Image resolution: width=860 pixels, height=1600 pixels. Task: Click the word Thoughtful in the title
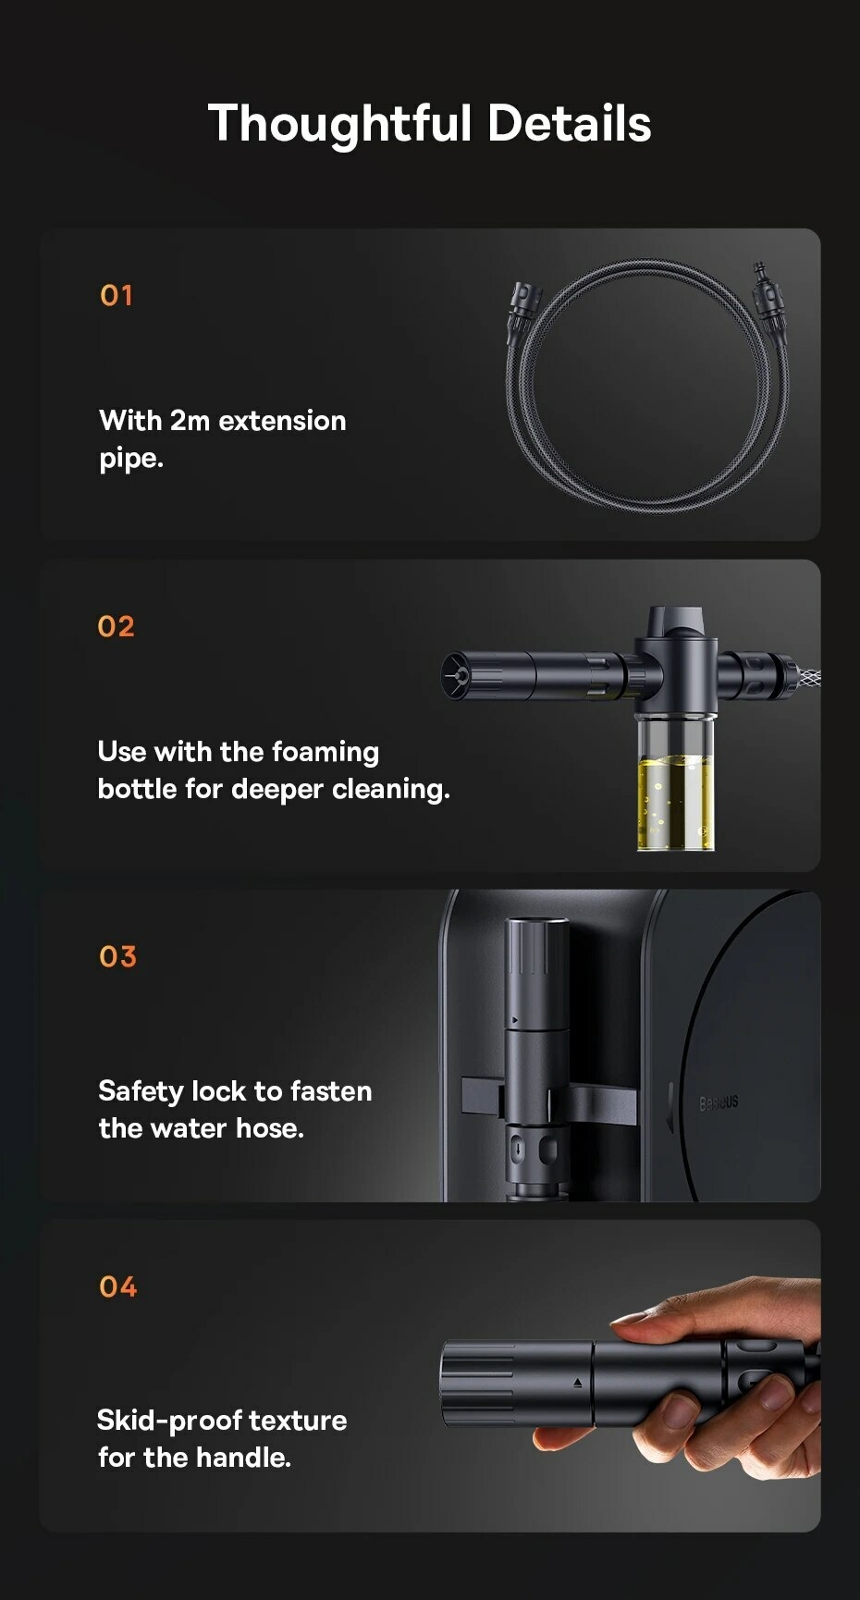(x=339, y=124)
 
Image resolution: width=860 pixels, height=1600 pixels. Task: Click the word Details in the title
(x=570, y=123)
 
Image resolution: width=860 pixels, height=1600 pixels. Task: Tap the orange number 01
(x=117, y=296)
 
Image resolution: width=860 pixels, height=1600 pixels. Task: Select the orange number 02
(x=117, y=626)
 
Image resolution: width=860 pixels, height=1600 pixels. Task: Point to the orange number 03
(x=117, y=956)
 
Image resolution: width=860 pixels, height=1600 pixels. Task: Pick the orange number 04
(x=117, y=1286)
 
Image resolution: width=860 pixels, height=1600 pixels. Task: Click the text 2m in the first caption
(x=190, y=421)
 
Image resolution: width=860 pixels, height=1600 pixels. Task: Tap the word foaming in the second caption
(x=326, y=753)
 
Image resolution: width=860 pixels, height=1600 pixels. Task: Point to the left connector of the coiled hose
(x=519, y=313)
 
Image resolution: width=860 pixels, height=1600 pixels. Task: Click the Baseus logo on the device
(x=719, y=1102)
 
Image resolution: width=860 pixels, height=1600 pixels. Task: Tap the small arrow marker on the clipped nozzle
(x=514, y=1022)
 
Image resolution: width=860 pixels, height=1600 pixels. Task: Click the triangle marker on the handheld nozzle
(x=578, y=1384)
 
